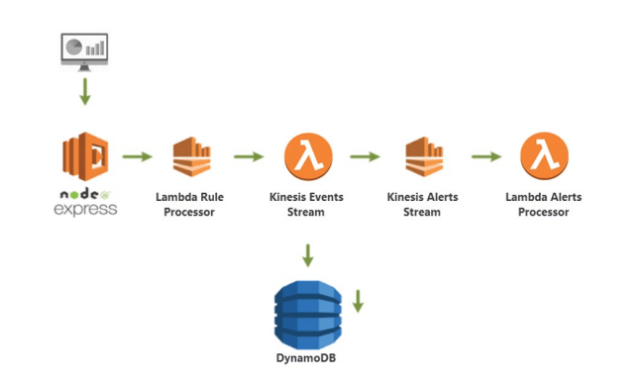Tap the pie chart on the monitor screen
73,47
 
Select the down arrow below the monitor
85,92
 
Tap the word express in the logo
85,209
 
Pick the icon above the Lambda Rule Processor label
191,156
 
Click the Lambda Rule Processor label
190,204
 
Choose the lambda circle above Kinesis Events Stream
308,156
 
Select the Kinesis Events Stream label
307,204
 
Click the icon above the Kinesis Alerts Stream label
423,156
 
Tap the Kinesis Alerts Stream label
423,204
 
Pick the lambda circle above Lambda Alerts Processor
544,156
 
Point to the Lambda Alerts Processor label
544,204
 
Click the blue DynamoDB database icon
307,312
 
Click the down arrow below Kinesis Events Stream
307,254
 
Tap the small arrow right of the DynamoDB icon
358,300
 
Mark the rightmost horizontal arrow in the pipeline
485,156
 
